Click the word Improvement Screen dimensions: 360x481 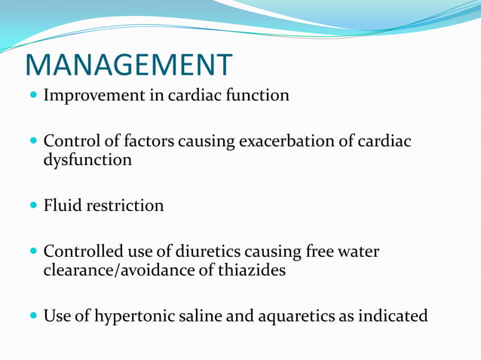(x=92, y=96)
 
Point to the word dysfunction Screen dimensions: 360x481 (x=87, y=160)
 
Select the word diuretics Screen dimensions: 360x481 (x=213, y=251)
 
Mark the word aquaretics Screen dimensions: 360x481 (x=294, y=315)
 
